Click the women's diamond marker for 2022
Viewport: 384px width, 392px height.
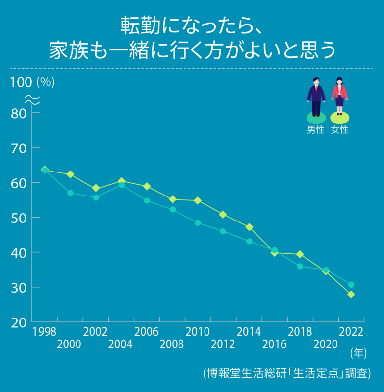point(351,294)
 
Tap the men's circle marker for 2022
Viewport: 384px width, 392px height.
point(351,285)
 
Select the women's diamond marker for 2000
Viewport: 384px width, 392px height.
point(70,174)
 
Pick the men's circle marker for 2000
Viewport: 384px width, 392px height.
point(70,193)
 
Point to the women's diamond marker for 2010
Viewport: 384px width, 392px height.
point(198,200)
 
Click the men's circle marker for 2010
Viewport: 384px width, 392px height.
point(198,222)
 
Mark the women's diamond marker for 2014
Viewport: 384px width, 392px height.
point(249,227)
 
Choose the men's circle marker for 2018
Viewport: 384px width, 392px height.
point(300,266)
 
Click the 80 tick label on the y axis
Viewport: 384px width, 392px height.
point(18,113)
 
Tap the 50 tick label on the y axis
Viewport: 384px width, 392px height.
point(18,218)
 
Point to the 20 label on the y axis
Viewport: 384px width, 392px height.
point(18,322)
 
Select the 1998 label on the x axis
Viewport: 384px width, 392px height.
point(44,332)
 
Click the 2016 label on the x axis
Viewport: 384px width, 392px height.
point(275,344)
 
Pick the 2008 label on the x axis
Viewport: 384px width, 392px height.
point(172,344)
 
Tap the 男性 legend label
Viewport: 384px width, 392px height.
point(316,130)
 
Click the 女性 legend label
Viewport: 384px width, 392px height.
point(339,130)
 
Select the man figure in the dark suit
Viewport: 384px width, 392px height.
point(316,97)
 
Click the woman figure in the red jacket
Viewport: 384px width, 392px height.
point(339,97)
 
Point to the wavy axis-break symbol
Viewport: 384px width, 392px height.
point(32,98)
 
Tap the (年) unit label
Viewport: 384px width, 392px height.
point(358,353)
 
